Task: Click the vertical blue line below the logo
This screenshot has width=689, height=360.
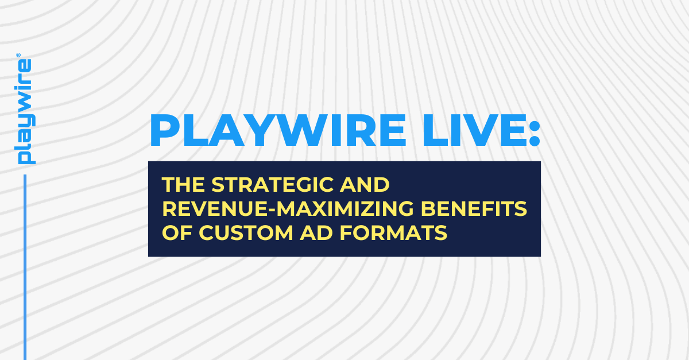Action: pos(25,264)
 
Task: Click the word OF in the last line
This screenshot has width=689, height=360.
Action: pos(173,233)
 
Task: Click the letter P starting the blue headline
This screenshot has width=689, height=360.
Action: pos(162,131)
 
